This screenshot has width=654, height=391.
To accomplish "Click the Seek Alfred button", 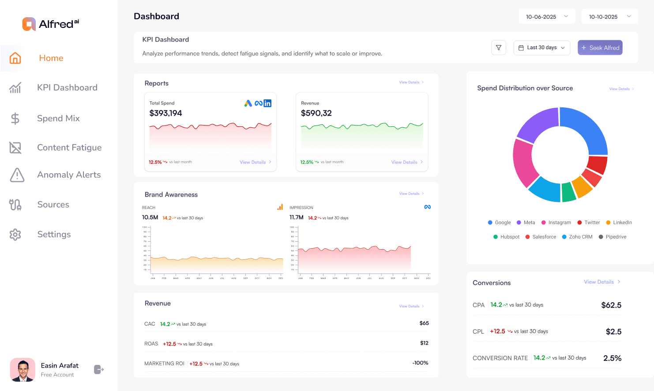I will [600, 48].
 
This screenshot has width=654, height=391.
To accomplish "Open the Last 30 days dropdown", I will [541, 48].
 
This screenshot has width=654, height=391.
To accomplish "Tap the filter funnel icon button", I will [498, 48].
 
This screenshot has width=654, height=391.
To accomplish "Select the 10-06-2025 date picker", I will [546, 17].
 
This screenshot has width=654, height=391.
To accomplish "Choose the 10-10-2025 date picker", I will [609, 17].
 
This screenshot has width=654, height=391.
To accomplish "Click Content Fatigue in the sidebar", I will [69, 148].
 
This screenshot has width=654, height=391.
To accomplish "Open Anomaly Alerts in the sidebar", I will [69, 175].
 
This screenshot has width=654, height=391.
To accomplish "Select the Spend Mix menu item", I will [58, 118].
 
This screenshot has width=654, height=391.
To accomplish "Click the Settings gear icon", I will [15, 235].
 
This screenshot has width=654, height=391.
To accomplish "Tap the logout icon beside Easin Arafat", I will [99, 369].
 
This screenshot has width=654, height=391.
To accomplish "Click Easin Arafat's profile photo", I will [23, 370].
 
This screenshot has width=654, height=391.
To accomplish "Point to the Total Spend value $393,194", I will [165, 113].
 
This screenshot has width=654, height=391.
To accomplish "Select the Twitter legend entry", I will [589, 223].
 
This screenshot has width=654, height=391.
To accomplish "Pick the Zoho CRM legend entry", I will [577, 237].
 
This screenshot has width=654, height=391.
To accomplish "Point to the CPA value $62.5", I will [611, 305].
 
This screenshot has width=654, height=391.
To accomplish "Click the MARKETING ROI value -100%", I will [420, 363].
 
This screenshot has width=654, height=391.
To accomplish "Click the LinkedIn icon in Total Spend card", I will [267, 103].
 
